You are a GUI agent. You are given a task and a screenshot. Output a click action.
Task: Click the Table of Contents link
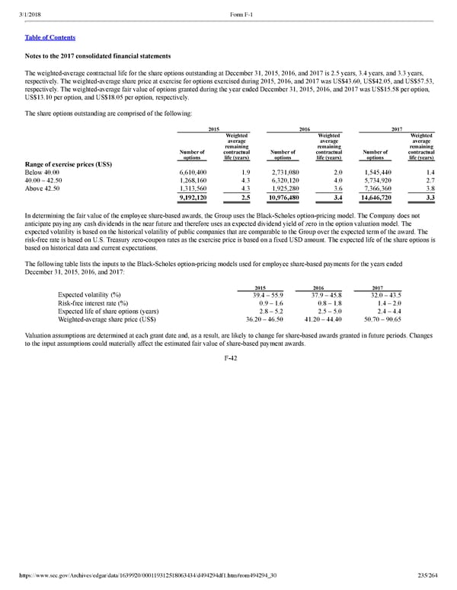pos(50,37)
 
